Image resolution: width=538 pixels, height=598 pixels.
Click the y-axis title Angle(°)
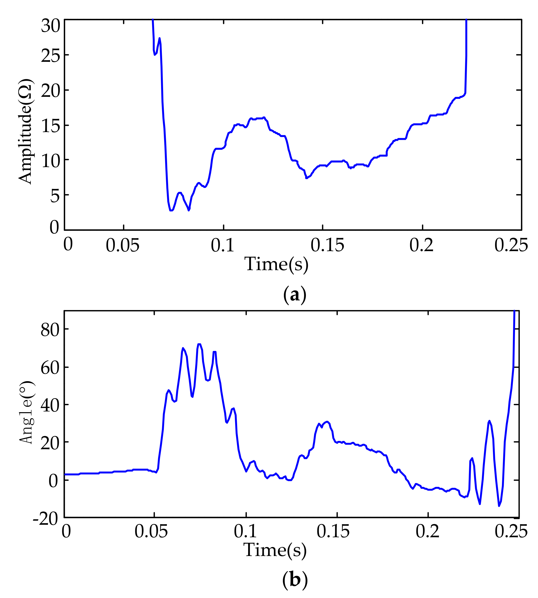coord(27,412)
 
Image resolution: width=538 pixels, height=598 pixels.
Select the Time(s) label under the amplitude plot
coord(276,264)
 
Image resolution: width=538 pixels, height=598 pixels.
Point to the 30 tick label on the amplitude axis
coord(50,26)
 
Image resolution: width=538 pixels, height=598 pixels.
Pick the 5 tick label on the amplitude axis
coord(55,196)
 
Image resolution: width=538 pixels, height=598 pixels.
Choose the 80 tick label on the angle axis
coord(50,330)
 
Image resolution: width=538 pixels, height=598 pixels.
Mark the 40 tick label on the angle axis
coord(50,406)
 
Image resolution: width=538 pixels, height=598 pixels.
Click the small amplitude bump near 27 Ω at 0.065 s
coord(159,39)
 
